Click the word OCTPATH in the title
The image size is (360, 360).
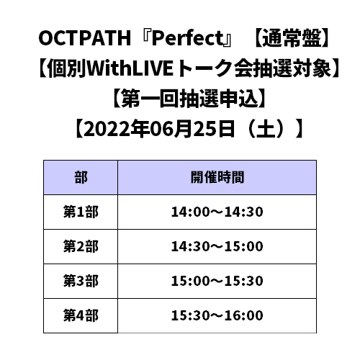[85, 38]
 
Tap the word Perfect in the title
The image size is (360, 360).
[188, 38]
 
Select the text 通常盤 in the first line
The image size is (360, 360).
[291, 38]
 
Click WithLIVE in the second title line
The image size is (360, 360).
[130, 68]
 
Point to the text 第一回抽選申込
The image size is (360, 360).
[189, 99]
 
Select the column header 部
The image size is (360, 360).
[81, 177]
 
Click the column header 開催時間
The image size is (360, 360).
[217, 177]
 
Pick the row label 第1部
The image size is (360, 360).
[81, 212]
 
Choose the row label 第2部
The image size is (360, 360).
[81, 246]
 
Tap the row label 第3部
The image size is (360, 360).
[81, 281]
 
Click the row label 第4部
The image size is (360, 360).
[81, 315]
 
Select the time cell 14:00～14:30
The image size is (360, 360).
[217, 212]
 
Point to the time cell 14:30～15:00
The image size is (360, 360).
[217, 246]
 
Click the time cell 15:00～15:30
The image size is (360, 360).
[217, 281]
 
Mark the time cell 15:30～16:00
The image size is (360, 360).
[217, 315]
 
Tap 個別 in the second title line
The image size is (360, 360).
[67, 68]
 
